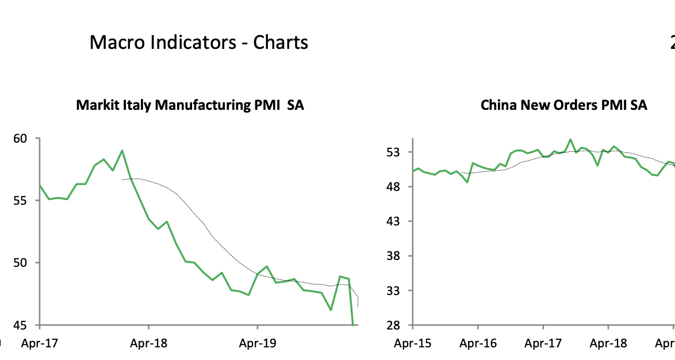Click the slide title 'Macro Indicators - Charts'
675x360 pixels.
(x=198, y=42)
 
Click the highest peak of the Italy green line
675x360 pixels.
(x=122, y=151)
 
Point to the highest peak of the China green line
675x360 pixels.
(x=570, y=140)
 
